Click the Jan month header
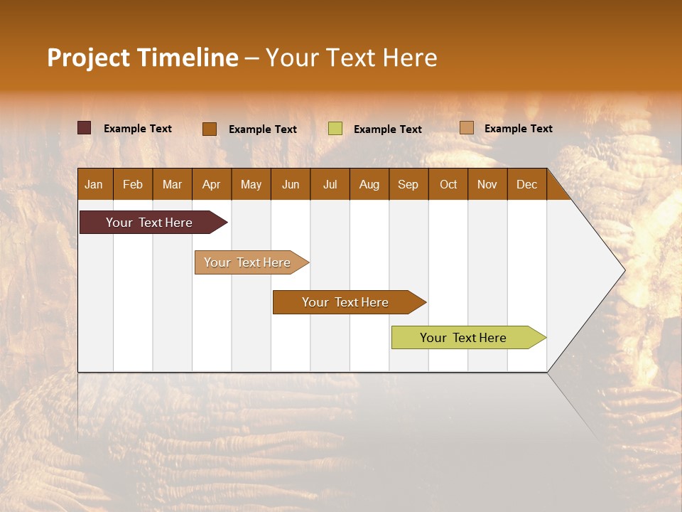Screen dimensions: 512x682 (x=94, y=184)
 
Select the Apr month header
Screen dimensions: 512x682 (x=211, y=184)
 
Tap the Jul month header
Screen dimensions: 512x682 (x=330, y=184)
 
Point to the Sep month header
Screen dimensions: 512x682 (x=408, y=184)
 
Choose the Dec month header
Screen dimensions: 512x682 (x=526, y=184)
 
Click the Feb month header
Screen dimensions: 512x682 (x=133, y=184)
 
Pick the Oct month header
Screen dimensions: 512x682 (x=448, y=184)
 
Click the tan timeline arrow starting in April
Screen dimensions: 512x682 (x=249, y=262)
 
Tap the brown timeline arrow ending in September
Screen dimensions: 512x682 (x=347, y=302)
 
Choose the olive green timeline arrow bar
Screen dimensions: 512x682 (x=465, y=338)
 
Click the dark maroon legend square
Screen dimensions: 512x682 (x=84, y=128)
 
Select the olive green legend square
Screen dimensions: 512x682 (x=335, y=129)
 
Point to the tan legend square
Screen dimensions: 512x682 (x=466, y=128)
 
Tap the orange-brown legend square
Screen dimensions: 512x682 (x=210, y=129)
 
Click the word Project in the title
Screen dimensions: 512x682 (x=87, y=58)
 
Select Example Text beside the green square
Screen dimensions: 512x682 (x=387, y=129)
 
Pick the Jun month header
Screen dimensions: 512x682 (x=291, y=184)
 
